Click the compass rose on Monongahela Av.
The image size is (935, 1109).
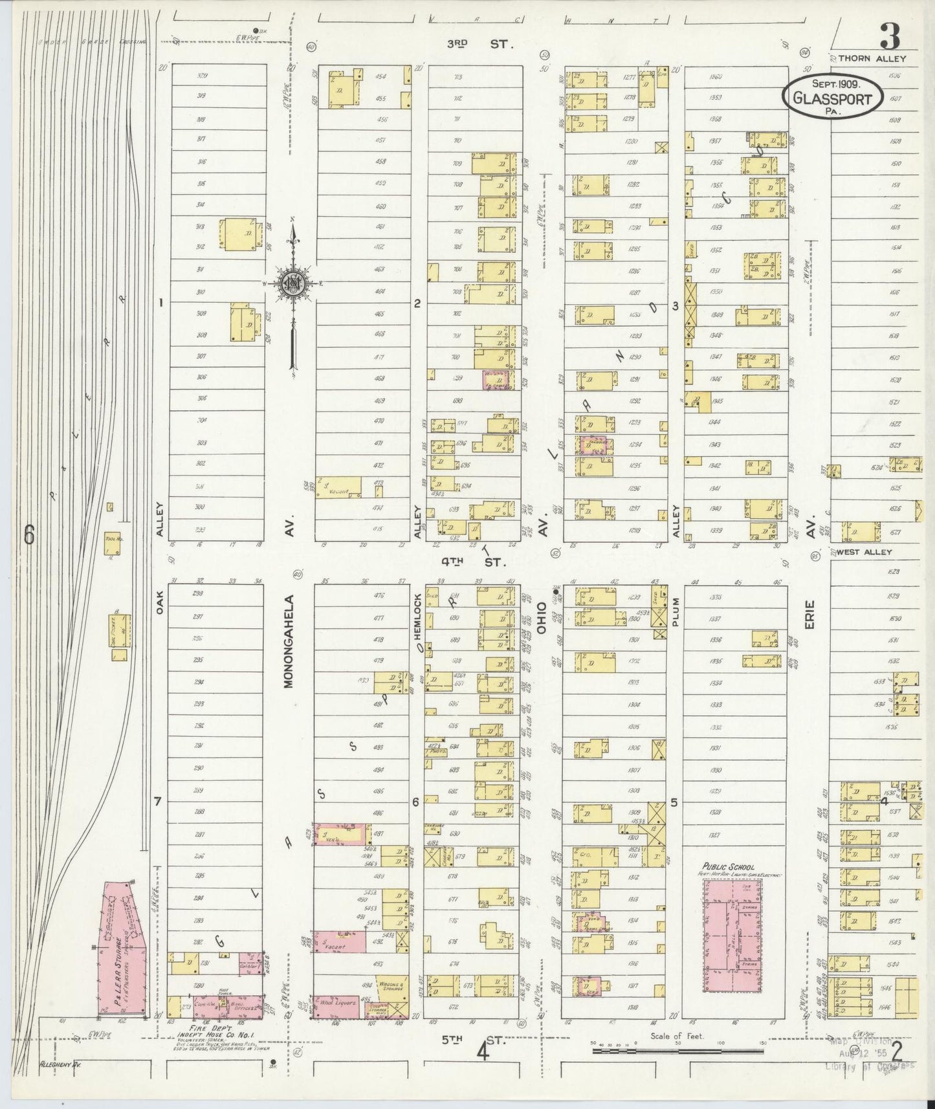[293, 283]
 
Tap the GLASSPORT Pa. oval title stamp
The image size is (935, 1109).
[833, 98]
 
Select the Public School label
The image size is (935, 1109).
[729, 866]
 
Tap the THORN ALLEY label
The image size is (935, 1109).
[872, 58]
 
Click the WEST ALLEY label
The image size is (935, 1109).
[864, 552]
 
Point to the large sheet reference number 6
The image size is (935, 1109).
[29, 534]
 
